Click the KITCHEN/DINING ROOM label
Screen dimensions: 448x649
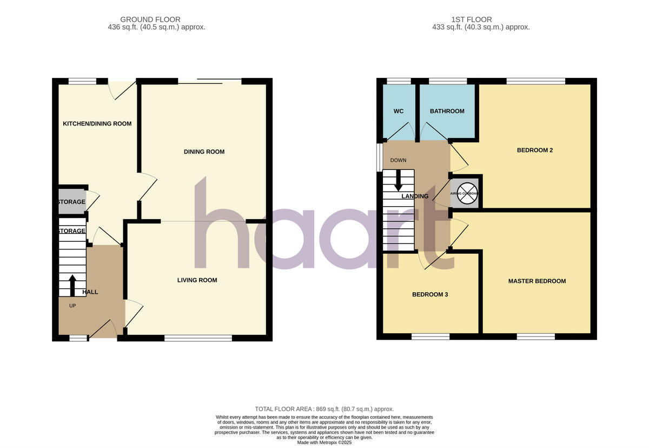point(97,124)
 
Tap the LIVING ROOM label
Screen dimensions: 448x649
point(197,280)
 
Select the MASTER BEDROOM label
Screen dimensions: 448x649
point(537,281)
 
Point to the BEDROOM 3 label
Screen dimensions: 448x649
point(430,295)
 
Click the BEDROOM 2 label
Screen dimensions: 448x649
point(534,150)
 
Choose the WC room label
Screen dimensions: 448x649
point(399,111)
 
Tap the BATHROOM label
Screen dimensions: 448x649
point(447,111)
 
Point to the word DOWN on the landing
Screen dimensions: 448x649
point(398,161)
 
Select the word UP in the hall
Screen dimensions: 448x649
point(72,306)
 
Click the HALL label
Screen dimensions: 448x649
point(90,292)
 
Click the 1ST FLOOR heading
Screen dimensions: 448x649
point(481,19)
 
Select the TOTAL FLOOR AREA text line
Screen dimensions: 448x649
point(324,409)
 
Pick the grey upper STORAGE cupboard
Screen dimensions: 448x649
point(72,201)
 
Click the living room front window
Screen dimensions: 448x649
point(198,338)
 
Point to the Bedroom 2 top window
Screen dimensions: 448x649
point(535,81)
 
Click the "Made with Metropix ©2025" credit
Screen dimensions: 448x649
point(324,442)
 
